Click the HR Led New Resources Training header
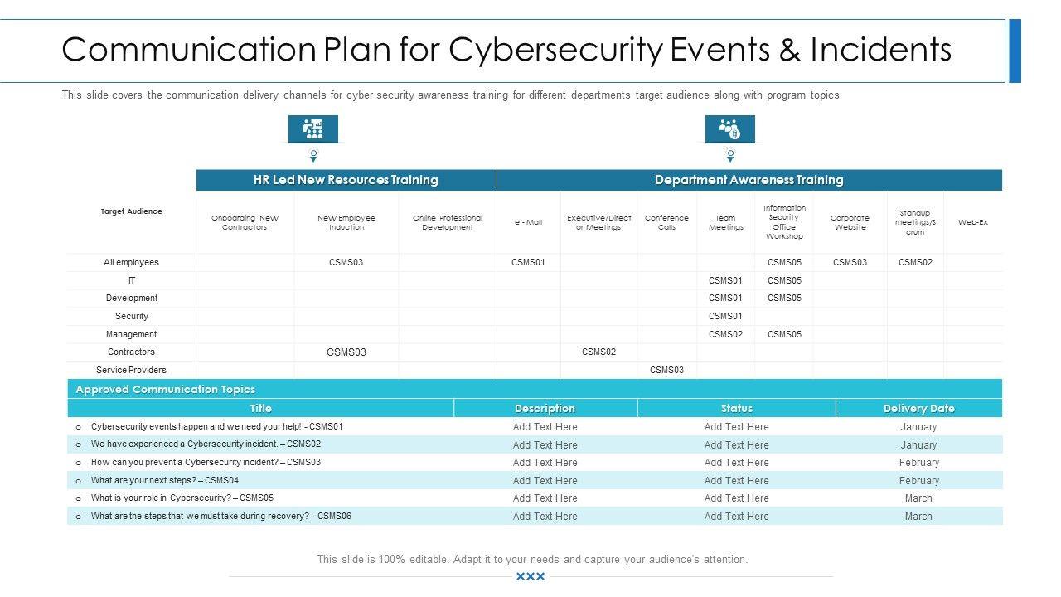(346, 180)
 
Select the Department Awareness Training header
(749, 180)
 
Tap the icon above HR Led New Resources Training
(313, 129)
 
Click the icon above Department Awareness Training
(730, 129)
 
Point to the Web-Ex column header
(972, 222)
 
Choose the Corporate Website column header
(850, 222)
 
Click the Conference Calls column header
(666, 222)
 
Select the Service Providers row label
(131, 370)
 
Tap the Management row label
(131, 334)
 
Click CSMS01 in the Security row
(725, 316)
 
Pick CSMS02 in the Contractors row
(598, 352)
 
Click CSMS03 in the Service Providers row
(666, 370)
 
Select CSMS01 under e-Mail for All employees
(528, 262)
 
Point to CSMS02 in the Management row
(725, 334)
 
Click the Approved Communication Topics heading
(165, 389)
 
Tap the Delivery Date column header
(918, 408)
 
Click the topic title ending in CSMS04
(164, 480)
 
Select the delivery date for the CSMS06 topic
(918, 516)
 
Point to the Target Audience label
(131, 211)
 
